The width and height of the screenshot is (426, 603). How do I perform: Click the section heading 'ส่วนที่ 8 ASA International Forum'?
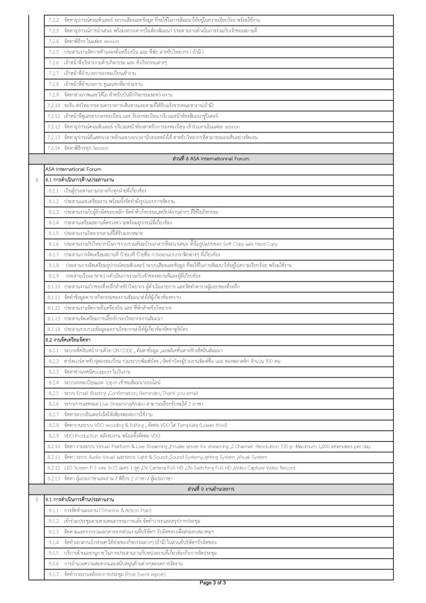point(213,159)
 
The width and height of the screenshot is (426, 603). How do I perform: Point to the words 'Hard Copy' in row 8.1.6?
point(282,244)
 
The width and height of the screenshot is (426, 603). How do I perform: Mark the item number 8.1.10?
point(55,286)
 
